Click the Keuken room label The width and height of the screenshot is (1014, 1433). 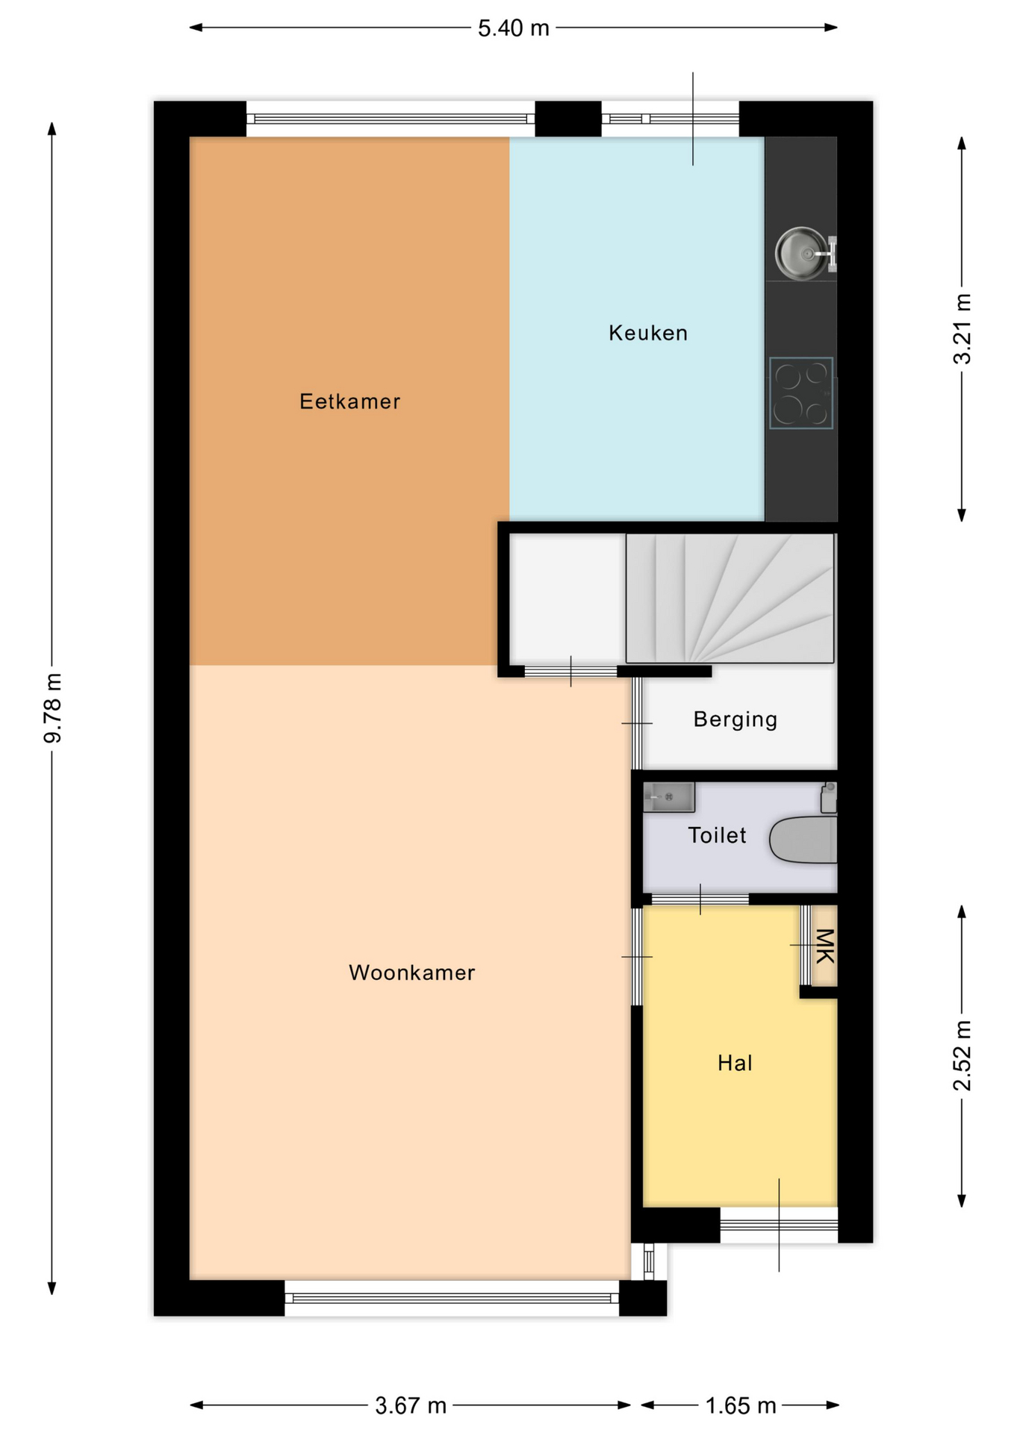click(648, 333)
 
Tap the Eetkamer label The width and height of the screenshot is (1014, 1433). click(350, 402)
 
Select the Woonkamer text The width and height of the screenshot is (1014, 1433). click(411, 972)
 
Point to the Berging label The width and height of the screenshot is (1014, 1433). click(735, 719)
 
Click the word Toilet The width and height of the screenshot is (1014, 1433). click(717, 835)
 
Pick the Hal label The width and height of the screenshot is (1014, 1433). click(735, 1063)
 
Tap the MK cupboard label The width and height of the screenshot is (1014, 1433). click(824, 946)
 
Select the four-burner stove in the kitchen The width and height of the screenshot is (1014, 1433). click(801, 393)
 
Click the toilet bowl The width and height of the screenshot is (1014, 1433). click(803, 840)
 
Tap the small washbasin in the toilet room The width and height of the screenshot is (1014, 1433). click(669, 797)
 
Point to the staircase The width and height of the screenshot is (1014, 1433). click(730, 599)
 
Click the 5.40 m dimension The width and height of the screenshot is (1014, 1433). click(514, 28)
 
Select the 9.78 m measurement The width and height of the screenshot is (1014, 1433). click(53, 708)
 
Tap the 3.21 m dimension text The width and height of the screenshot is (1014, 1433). click(962, 329)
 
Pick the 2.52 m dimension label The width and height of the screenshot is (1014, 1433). click(962, 1055)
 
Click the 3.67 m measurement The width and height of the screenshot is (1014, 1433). click(411, 1406)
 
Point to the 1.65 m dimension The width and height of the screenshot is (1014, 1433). click(741, 1406)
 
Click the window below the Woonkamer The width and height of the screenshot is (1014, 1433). click(452, 1298)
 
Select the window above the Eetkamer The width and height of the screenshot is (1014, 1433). click(391, 119)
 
